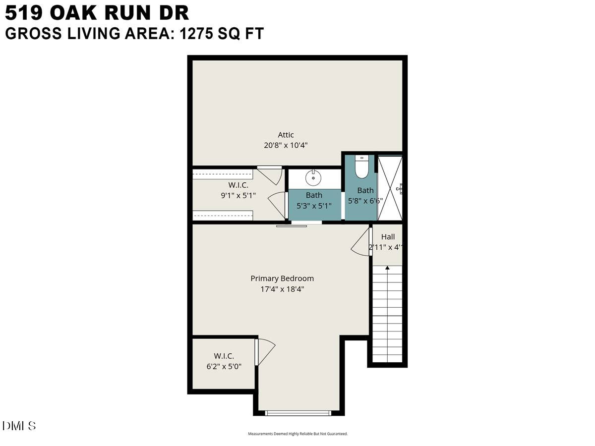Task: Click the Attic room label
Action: pos(286,135)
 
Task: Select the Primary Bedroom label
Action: pos(282,279)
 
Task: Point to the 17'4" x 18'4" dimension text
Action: pos(282,289)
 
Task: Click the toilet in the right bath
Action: pos(361,167)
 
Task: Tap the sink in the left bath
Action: pos(313,177)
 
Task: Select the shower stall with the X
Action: pos(390,188)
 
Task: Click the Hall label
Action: pos(388,237)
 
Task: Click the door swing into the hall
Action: pos(361,244)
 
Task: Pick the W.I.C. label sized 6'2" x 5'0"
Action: pos(224,356)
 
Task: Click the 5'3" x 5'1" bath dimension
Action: pos(314,205)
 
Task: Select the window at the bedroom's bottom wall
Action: pos(298,413)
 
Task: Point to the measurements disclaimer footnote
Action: pos(297,434)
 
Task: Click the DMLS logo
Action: pos(19,426)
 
